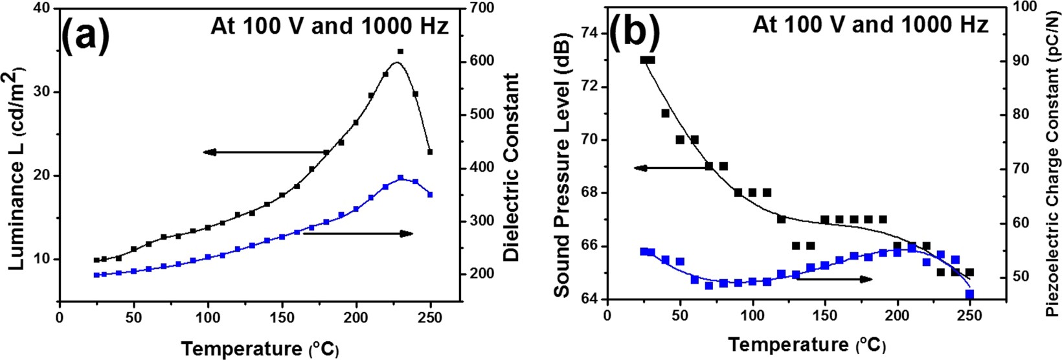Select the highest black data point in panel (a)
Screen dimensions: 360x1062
coord(400,51)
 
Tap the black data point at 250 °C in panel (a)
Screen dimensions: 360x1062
coord(430,152)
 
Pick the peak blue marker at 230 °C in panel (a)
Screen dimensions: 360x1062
coord(401,177)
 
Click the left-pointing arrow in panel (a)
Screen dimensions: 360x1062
coord(266,152)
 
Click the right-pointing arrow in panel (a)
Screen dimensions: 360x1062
coord(357,233)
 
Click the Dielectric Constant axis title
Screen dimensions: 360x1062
coord(512,167)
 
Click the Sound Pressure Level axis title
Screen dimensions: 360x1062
coord(562,166)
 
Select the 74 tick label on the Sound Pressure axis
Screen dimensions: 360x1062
coord(590,34)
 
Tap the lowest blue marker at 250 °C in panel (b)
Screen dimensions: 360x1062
coord(969,294)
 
